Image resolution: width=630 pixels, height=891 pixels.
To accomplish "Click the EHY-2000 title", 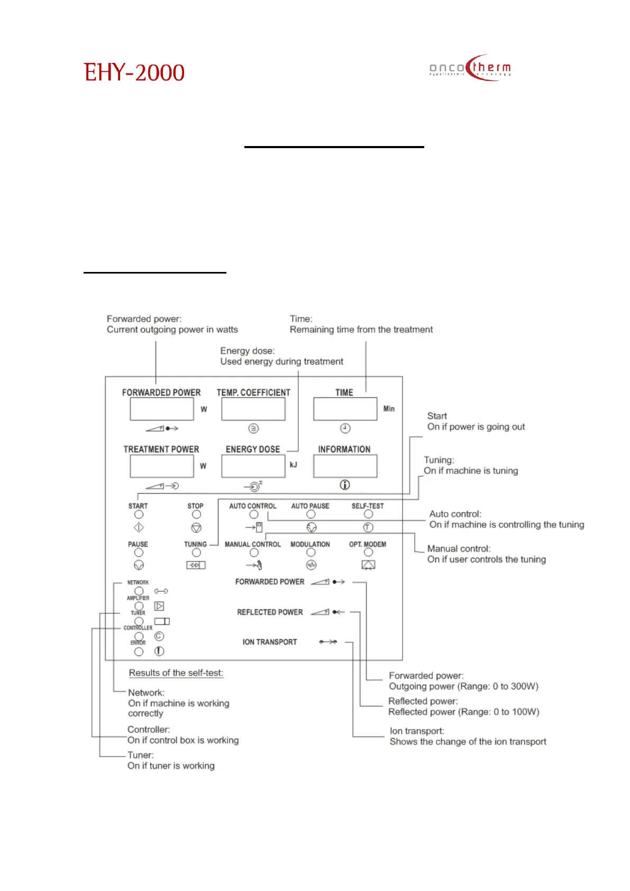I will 134,72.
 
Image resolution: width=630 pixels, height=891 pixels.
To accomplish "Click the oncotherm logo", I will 470,68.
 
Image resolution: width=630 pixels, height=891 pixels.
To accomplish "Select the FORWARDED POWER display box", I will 162,409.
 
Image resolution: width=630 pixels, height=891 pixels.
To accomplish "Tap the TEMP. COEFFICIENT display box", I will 253,409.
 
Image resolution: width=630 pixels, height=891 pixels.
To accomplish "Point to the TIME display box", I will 345,409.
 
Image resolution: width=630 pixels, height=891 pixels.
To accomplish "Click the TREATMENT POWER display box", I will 162,466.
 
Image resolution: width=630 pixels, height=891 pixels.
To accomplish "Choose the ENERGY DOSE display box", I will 253,466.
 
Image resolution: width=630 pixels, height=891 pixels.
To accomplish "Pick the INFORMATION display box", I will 345,466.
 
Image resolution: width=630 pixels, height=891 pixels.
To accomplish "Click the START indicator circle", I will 139,514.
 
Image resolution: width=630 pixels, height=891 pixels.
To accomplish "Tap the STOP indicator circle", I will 196,514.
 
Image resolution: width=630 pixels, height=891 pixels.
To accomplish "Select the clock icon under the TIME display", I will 345,428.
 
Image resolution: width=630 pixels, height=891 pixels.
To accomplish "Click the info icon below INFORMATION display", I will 345,485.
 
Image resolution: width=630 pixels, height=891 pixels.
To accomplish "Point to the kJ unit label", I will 294,465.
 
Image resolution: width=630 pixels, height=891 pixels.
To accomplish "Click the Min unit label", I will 389,408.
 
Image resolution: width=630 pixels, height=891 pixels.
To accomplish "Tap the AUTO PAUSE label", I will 310,506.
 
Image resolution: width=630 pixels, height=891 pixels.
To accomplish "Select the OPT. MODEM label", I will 368,544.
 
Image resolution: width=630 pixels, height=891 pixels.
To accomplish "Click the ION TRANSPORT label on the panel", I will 270,642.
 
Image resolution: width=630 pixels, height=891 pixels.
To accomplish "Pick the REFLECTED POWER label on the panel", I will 270,612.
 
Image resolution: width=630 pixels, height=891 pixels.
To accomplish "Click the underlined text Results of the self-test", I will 176,673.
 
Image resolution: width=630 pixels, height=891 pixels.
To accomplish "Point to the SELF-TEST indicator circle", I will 368,514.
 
